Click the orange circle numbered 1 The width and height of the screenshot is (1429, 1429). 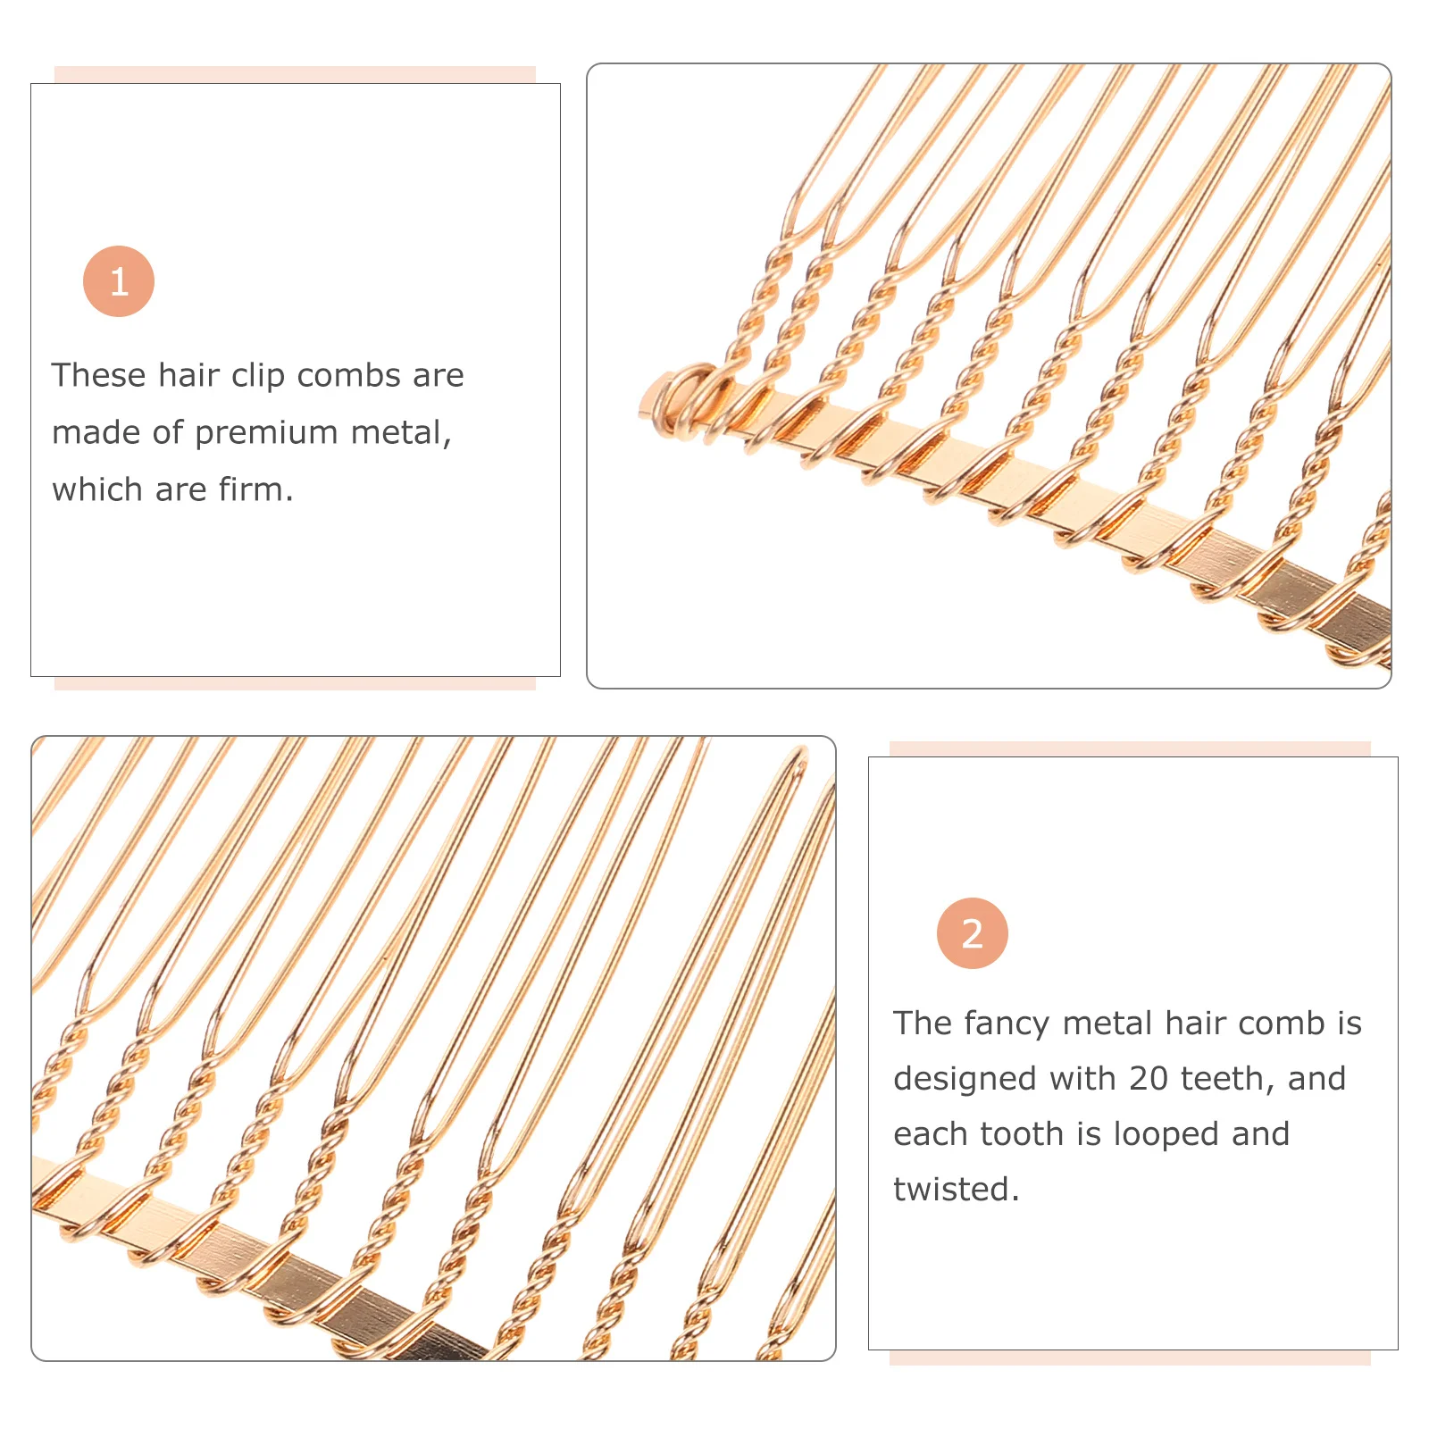click(x=119, y=281)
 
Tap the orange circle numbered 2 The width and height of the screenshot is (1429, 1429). click(x=972, y=933)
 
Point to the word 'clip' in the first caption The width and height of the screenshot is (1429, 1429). click(x=258, y=376)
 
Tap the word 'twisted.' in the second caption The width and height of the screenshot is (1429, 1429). click(x=956, y=1190)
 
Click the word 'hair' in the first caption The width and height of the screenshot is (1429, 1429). click(x=189, y=376)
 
